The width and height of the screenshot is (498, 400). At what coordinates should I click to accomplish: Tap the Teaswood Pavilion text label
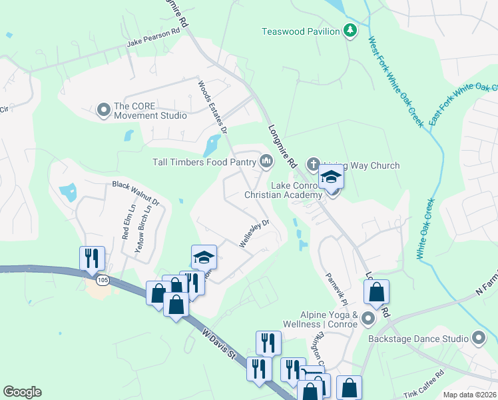300,31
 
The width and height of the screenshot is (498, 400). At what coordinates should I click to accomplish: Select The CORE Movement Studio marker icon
103,109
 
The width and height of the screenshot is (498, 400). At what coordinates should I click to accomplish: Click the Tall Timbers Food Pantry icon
266,161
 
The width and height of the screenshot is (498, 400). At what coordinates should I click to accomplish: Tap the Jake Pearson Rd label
154,42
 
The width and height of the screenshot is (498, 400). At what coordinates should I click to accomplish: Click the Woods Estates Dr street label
213,107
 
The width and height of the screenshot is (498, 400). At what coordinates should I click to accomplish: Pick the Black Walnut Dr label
136,192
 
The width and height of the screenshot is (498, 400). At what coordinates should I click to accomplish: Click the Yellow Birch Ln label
140,227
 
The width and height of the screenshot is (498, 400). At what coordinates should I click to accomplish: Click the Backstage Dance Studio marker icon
478,338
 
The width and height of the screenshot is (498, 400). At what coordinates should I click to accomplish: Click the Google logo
22,392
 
